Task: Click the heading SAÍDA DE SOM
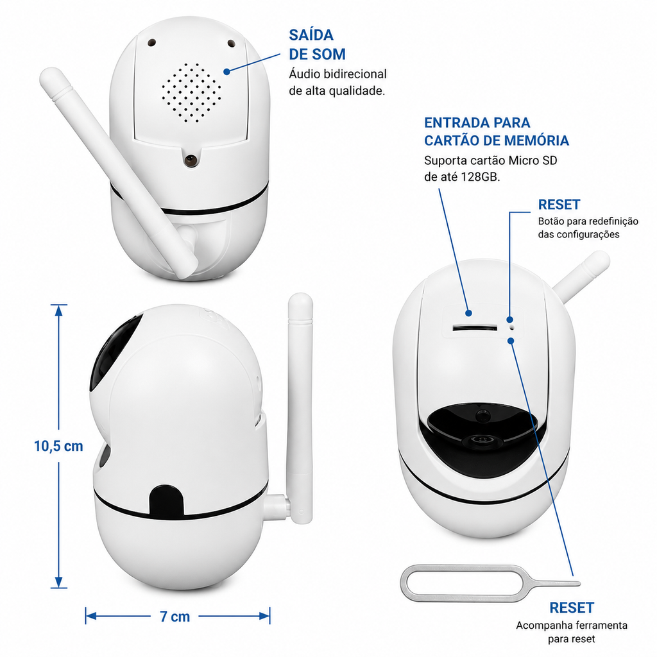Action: tap(317, 44)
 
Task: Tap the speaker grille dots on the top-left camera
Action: tap(191, 93)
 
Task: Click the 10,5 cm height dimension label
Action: tap(58, 447)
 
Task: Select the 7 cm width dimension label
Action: tap(175, 617)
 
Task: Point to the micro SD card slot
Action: tap(475, 328)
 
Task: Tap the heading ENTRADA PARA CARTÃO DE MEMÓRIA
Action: tap(497, 132)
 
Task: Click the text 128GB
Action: tap(481, 177)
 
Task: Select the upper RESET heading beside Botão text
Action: tap(559, 205)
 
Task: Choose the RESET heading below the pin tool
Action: tap(572, 608)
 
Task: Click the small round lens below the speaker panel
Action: tap(191, 159)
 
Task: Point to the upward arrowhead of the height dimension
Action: tap(58, 310)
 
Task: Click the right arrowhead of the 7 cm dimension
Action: tap(264, 616)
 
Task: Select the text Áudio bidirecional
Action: tap(337, 74)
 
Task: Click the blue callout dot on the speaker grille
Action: tap(226, 72)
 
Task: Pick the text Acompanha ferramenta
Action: tap(572, 626)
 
